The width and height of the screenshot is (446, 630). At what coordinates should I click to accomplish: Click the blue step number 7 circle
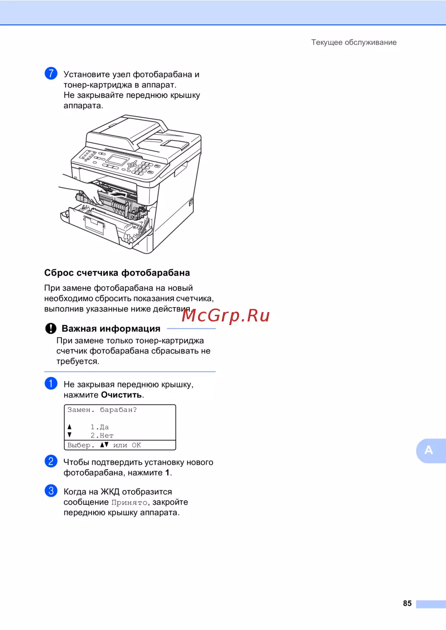pos(51,74)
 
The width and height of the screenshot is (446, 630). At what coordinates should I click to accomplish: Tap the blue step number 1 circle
pos(51,383)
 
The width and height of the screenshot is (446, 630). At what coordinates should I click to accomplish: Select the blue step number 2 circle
pos(51,461)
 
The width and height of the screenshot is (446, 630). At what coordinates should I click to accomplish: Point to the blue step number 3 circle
pos(51,490)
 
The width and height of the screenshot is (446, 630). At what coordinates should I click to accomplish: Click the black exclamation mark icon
pos(51,328)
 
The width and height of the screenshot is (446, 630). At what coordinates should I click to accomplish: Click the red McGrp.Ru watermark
pos(225,315)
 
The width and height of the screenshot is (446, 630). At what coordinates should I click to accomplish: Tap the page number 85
pos(407,603)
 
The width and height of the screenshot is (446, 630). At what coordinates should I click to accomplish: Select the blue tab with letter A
pos(431,451)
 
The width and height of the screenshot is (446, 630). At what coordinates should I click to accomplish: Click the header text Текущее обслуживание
pos(354,42)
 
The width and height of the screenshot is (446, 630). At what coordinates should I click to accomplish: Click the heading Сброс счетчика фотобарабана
pos(117,273)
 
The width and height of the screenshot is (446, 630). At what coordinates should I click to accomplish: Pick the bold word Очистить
pos(121,395)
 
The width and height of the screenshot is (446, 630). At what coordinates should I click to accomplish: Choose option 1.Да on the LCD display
pos(99,427)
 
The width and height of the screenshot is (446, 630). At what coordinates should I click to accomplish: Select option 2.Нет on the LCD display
pos(102,435)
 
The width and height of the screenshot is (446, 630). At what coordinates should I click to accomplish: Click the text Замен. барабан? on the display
pos(102,410)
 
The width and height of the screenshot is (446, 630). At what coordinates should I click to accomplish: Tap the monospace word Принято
pos(129,502)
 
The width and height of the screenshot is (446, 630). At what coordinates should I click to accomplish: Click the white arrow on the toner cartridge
pos(118,194)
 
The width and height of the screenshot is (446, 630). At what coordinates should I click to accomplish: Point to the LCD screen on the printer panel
pos(116,161)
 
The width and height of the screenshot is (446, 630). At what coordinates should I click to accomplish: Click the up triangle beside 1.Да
pos(70,427)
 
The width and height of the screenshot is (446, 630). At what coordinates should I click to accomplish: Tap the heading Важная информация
pos(111,329)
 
